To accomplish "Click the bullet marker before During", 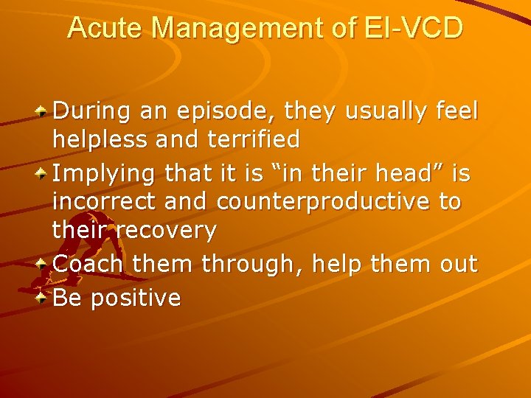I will pos(43,112).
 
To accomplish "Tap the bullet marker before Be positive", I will pos(43,297).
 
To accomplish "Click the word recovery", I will pos(169,230).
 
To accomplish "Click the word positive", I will pos(136,298).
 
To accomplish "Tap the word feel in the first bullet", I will pos(457,112).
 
